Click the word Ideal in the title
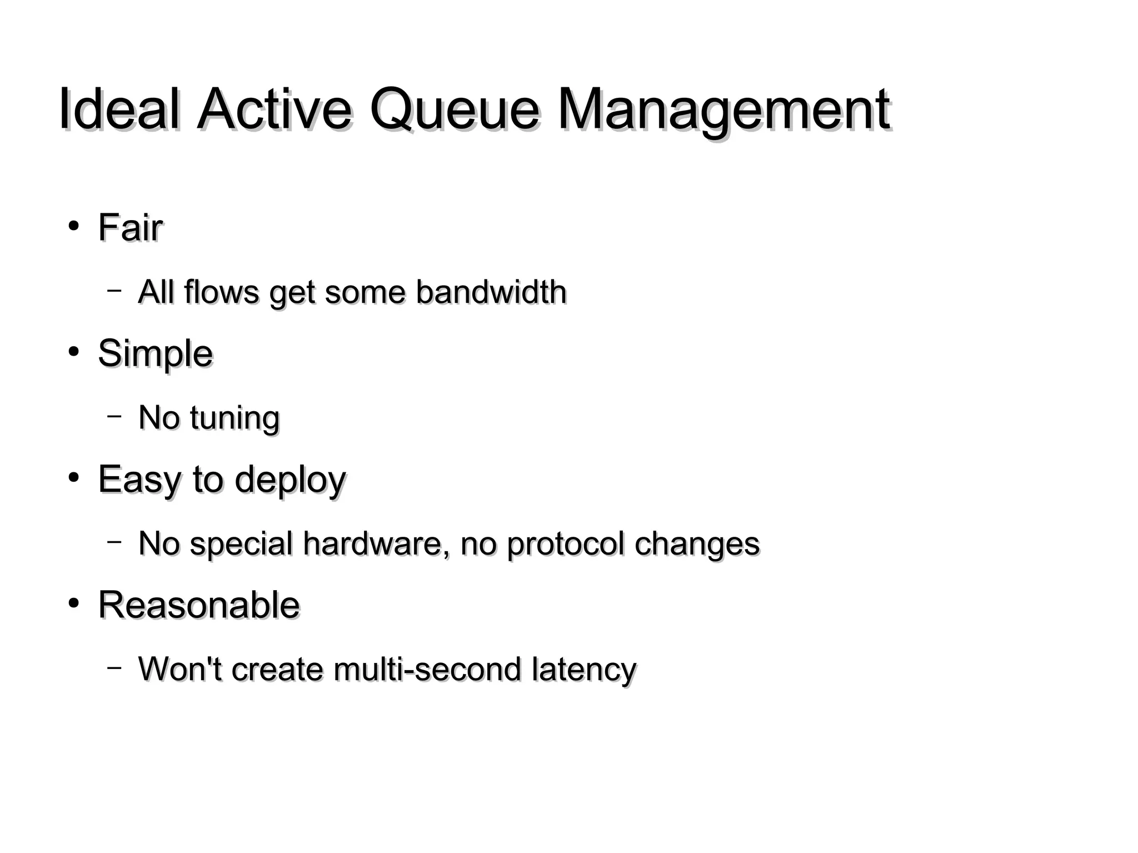(119, 109)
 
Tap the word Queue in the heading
(454, 109)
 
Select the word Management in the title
(724, 109)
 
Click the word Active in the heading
(274, 109)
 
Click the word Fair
(130, 228)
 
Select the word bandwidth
(491, 292)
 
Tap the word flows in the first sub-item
(221, 292)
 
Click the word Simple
(155, 353)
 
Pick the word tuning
(234, 418)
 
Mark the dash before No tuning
(114, 415)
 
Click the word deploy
(290, 480)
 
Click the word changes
(697, 544)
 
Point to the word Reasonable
(199, 605)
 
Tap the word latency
(583, 670)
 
